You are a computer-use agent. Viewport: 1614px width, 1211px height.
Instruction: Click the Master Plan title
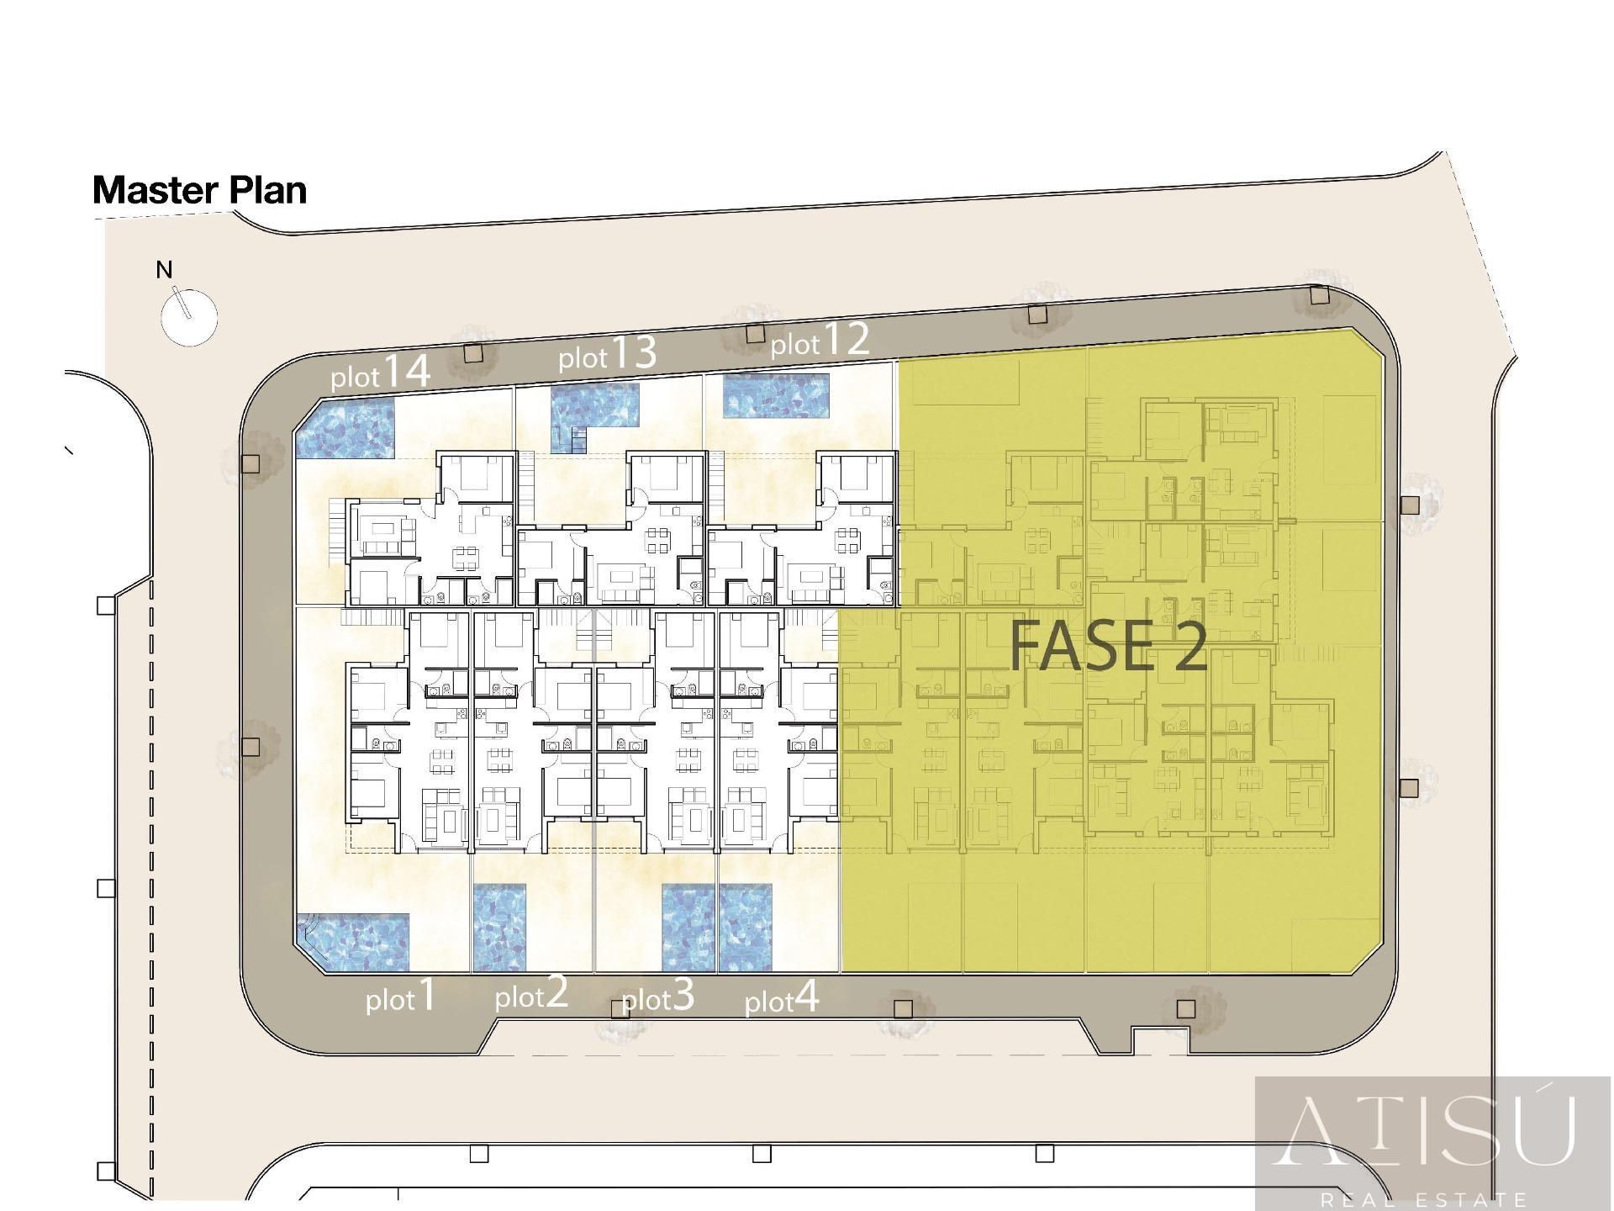200,190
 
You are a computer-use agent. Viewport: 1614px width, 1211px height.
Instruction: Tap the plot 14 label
381,372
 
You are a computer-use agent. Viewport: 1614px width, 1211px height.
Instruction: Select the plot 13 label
607,353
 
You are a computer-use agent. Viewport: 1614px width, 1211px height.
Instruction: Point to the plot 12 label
820,340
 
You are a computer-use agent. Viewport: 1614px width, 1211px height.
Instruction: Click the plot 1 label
401,995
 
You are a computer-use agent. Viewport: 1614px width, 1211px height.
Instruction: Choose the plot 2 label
531,993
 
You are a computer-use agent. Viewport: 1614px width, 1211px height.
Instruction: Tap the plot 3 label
658,996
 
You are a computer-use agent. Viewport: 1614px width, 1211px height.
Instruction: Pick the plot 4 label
782,997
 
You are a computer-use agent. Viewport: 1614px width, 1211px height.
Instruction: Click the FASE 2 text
1108,645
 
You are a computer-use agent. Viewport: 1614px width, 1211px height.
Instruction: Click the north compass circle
189,317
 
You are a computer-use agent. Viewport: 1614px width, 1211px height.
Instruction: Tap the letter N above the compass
165,270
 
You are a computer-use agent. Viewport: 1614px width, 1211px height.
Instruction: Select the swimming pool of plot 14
345,428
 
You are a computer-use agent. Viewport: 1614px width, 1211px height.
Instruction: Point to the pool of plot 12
777,396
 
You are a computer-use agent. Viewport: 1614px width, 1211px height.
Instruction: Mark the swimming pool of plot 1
353,942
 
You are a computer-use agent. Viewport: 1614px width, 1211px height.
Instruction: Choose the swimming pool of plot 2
500,928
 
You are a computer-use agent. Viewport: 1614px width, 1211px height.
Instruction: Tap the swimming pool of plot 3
688,928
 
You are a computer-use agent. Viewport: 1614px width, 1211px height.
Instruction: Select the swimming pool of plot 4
746,928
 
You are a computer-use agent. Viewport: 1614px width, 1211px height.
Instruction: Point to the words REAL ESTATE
1424,1199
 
